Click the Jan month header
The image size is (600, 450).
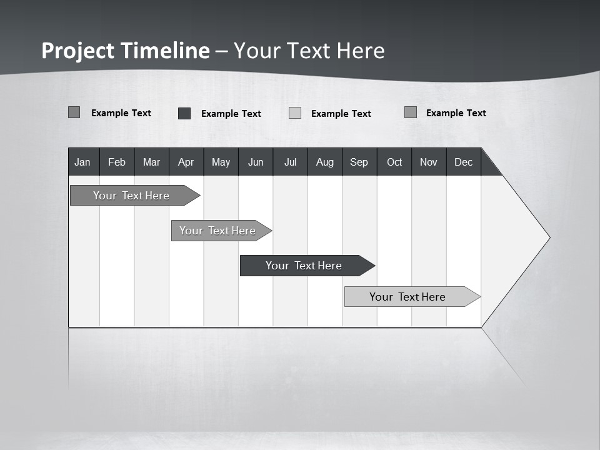[x=83, y=162]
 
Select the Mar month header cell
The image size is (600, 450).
[x=151, y=162]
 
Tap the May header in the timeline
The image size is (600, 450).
[x=221, y=162]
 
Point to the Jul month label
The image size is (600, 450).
[x=290, y=162]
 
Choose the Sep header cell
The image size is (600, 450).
[x=359, y=162]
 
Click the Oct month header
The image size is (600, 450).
[x=394, y=162]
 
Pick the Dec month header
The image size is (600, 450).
[x=463, y=162]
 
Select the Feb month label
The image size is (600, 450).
[x=117, y=162]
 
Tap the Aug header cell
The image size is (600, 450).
[x=324, y=162]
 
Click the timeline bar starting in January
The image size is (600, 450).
[x=131, y=196]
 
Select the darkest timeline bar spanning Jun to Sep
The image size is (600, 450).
[x=304, y=266]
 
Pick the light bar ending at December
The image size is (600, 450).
[x=407, y=297]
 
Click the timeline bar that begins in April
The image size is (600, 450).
[x=217, y=231]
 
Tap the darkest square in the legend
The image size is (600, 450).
[x=184, y=113]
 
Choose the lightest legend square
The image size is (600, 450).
[x=295, y=113]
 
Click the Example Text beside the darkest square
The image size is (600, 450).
[x=231, y=114]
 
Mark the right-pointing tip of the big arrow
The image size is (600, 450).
[x=548, y=237]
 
